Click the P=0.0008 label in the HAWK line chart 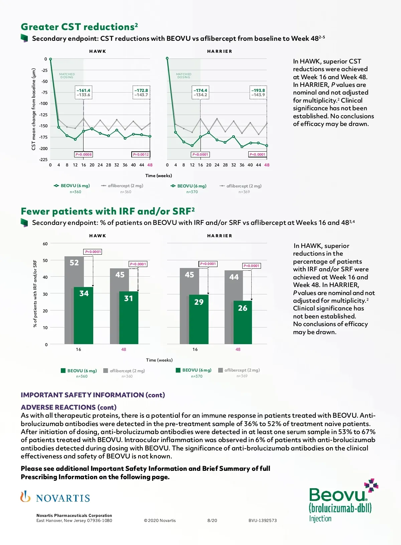(83, 154)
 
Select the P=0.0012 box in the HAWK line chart (141, 154)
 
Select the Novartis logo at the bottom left (55, 498)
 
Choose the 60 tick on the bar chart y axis (45, 244)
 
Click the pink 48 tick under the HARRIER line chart (267, 165)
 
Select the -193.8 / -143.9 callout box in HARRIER (258, 93)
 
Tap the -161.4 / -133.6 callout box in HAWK (83, 93)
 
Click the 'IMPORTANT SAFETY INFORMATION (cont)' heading (93, 395)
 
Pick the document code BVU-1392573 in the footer (263, 520)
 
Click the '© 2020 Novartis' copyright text (160, 520)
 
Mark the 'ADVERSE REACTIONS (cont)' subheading (69, 407)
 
